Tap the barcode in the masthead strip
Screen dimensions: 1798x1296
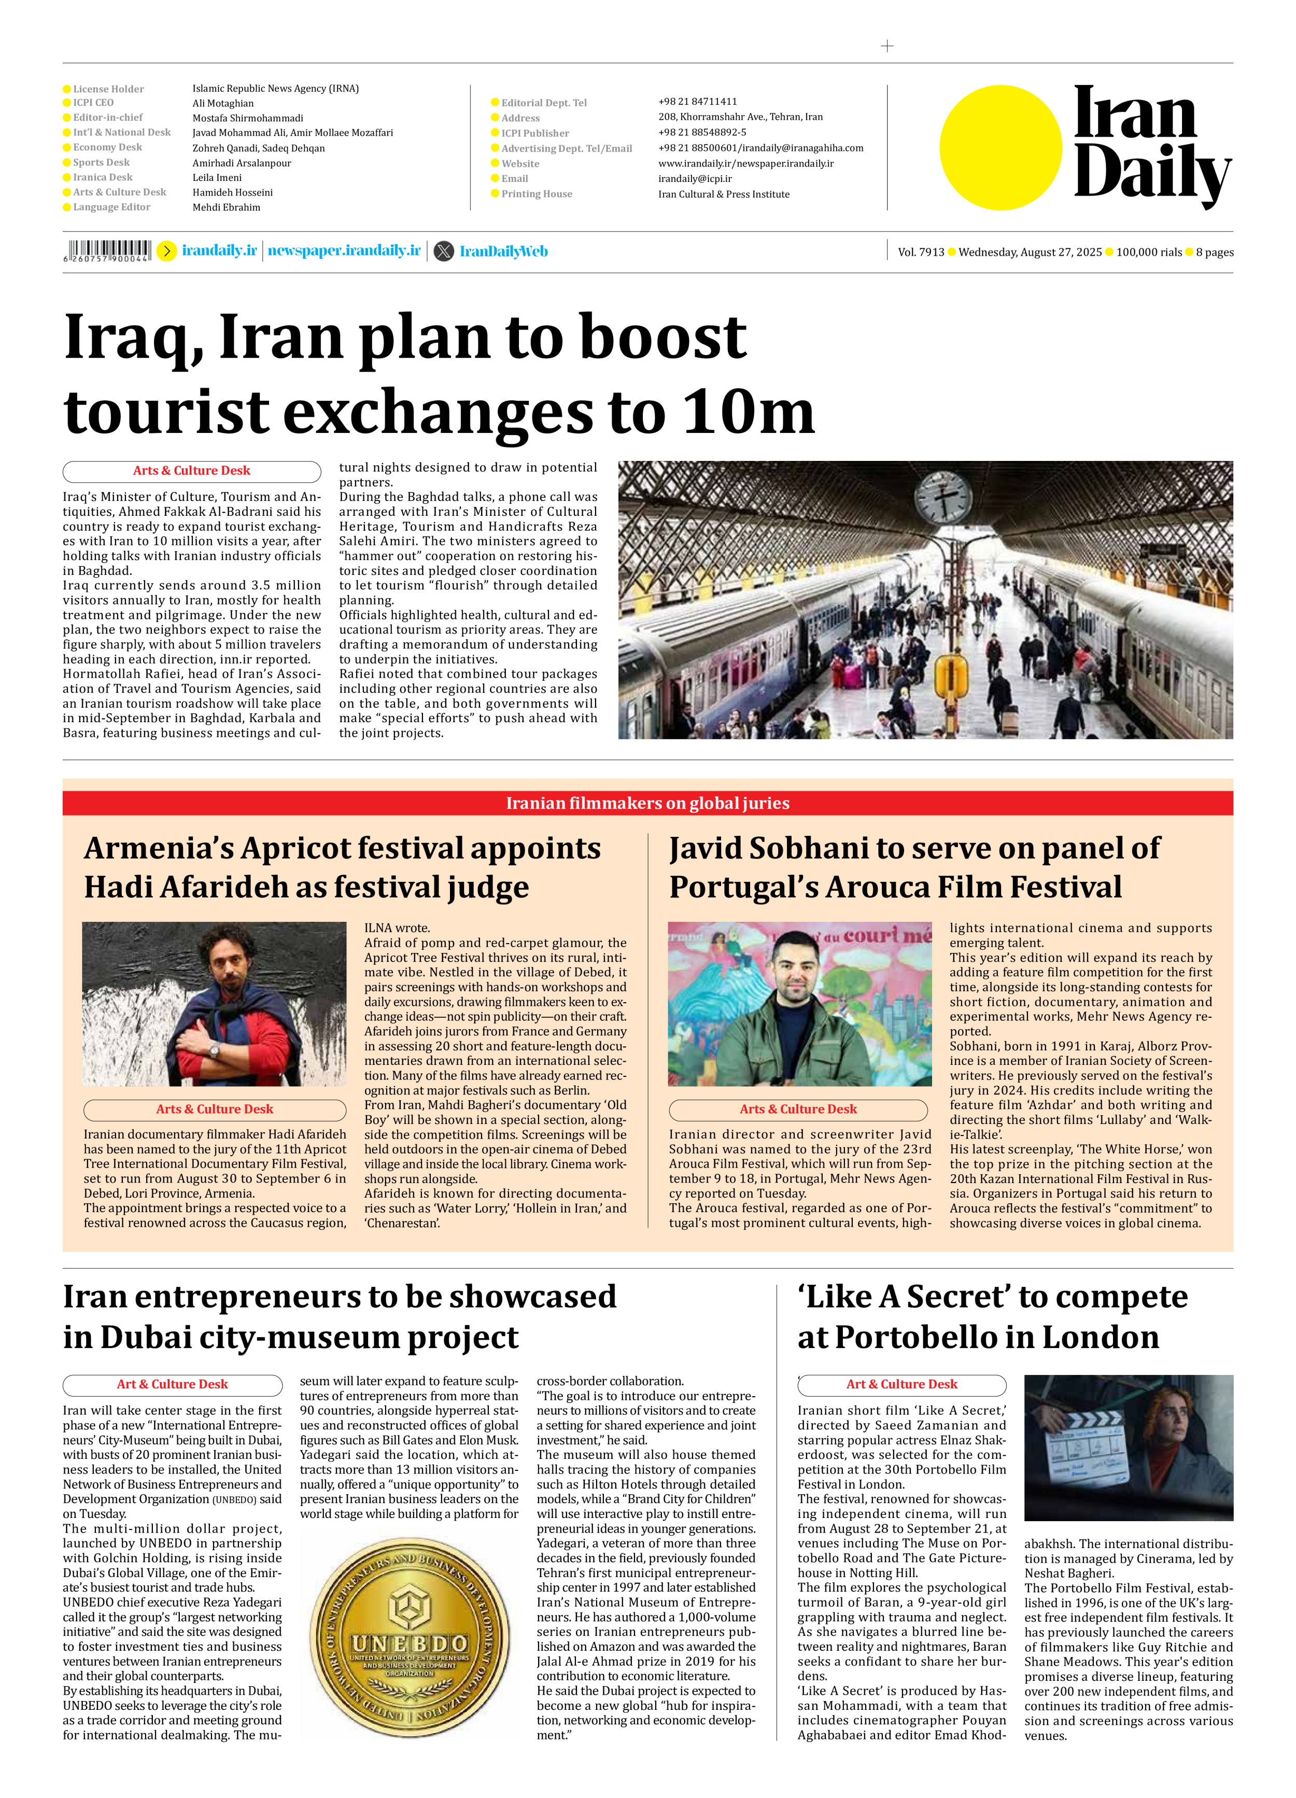click(x=108, y=250)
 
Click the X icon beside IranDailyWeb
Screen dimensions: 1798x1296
click(x=444, y=251)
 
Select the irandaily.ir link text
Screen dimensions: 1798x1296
click(x=220, y=250)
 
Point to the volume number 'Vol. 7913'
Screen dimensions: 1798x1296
click(x=920, y=252)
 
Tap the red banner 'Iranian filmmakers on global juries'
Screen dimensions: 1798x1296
click(x=647, y=803)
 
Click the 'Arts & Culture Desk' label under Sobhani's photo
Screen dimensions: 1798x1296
click(x=798, y=1109)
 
